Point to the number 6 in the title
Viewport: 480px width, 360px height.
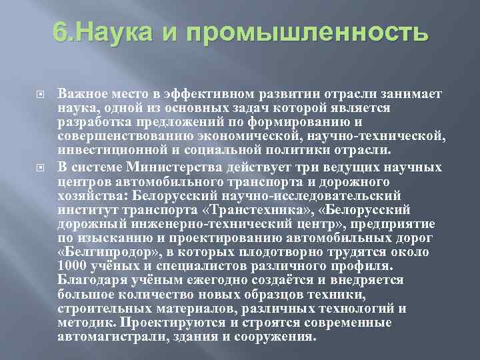(x=59, y=32)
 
